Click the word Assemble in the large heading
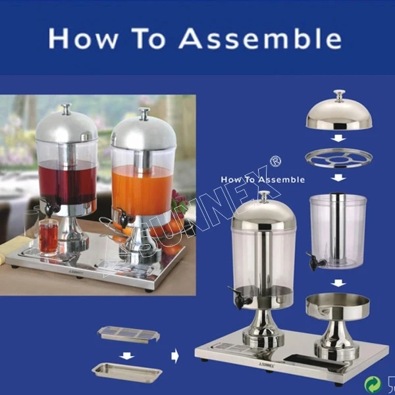(260, 38)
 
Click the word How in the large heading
(84, 38)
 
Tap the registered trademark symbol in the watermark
(275, 161)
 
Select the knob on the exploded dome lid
(339, 95)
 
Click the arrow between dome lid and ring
(338, 138)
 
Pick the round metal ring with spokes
(338, 158)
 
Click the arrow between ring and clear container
(338, 178)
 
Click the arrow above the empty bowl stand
(338, 283)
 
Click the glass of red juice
(49, 236)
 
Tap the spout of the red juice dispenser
(51, 207)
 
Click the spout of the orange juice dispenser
(124, 218)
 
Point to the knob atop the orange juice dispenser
(144, 114)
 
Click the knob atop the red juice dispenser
(66, 109)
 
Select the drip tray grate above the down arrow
(128, 334)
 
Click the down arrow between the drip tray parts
(126, 356)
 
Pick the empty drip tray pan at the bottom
(127, 373)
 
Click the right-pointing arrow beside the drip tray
(175, 356)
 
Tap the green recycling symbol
(373, 384)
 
